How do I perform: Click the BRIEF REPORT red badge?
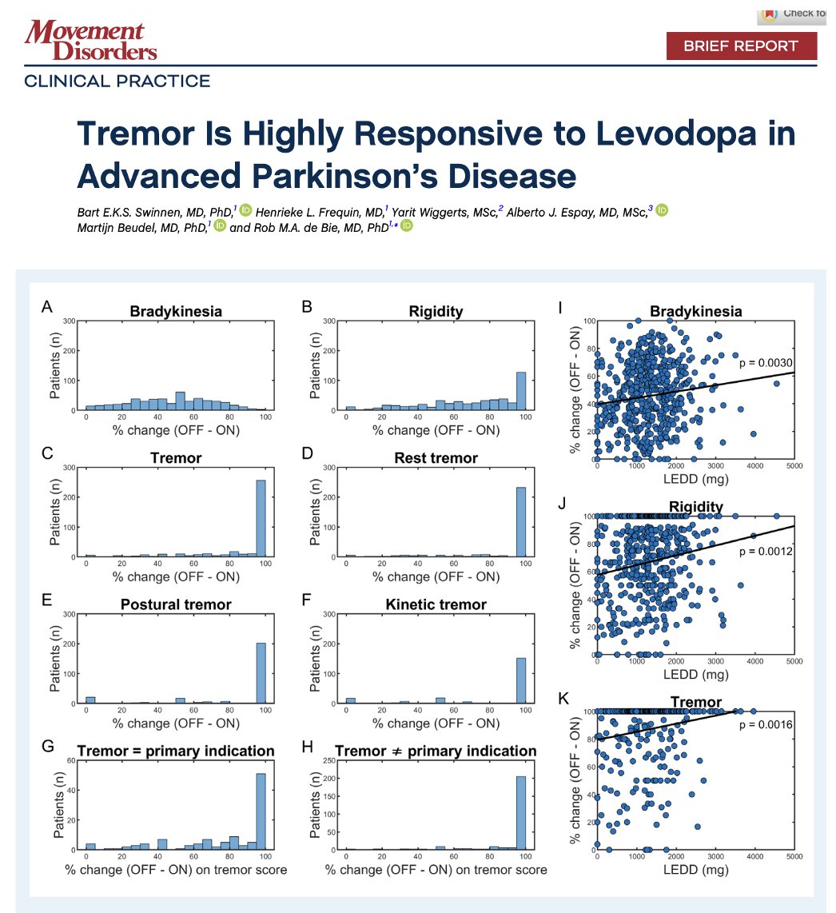[742, 46]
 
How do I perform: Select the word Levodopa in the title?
[687, 134]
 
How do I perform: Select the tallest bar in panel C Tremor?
[261, 518]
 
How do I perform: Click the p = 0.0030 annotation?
[763, 362]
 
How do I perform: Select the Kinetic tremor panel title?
[440, 604]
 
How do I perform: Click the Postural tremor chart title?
[176, 604]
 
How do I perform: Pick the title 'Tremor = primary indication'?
[176, 752]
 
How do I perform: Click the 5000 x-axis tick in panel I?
[793, 468]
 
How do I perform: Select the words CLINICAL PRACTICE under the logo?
[117, 81]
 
